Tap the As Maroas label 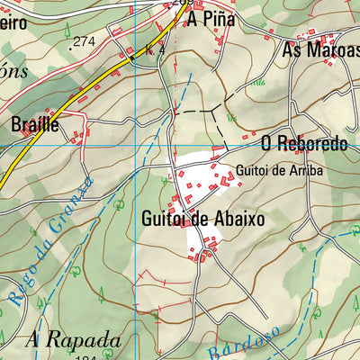click(320, 50)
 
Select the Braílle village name click(35, 124)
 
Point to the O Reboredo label click(304, 144)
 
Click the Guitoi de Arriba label click(279, 169)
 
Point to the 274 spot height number click(84, 41)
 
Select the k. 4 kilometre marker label click(154, 50)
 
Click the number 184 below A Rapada click(86, 357)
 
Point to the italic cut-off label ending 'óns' click(12, 71)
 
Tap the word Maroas click(334, 50)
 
